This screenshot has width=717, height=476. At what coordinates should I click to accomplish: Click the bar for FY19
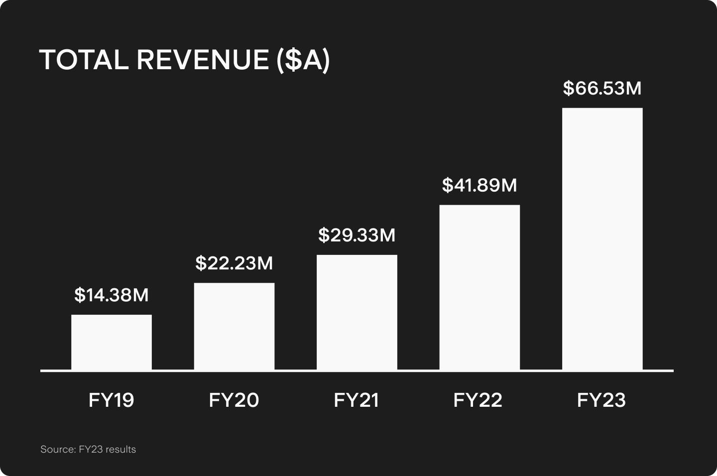pyautogui.click(x=112, y=342)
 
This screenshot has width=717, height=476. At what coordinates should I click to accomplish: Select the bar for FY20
pyautogui.click(x=234, y=326)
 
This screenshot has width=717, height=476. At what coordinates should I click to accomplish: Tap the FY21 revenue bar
pyautogui.click(x=357, y=312)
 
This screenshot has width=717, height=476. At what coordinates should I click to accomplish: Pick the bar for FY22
pyautogui.click(x=479, y=287)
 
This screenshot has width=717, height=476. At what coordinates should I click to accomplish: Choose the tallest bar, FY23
pyautogui.click(x=602, y=239)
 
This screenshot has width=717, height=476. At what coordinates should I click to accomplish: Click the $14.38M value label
pyautogui.click(x=112, y=295)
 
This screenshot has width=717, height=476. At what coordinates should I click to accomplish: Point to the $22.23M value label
pyautogui.click(x=234, y=263)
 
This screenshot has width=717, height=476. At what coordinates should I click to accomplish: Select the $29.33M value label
pyautogui.click(x=357, y=235)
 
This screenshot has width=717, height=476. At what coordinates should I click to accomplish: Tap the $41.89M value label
pyautogui.click(x=479, y=186)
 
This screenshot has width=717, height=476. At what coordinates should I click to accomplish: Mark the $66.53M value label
pyautogui.click(x=602, y=89)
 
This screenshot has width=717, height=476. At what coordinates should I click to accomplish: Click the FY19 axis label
pyautogui.click(x=112, y=400)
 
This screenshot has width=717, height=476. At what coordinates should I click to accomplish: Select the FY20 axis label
pyautogui.click(x=234, y=400)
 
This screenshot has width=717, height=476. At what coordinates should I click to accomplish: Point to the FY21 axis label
pyautogui.click(x=357, y=400)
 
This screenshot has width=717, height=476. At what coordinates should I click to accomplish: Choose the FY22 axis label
pyautogui.click(x=478, y=400)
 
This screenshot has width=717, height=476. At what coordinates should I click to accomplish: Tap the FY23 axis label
pyautogui.click(x=601, y=400)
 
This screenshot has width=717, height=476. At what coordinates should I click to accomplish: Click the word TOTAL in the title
pyautogui.click(x=84, y=60)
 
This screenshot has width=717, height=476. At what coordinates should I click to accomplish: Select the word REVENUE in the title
pyautogui.click(x=203, y=60)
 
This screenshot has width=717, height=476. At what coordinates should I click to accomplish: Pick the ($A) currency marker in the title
pyautogui.click(x=304, y=60)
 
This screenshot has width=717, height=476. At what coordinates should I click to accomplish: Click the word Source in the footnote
pyautogui.click(x=57, y=450)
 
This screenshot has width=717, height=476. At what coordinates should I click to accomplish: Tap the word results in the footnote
pyautogui.click(x=120, y=450)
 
